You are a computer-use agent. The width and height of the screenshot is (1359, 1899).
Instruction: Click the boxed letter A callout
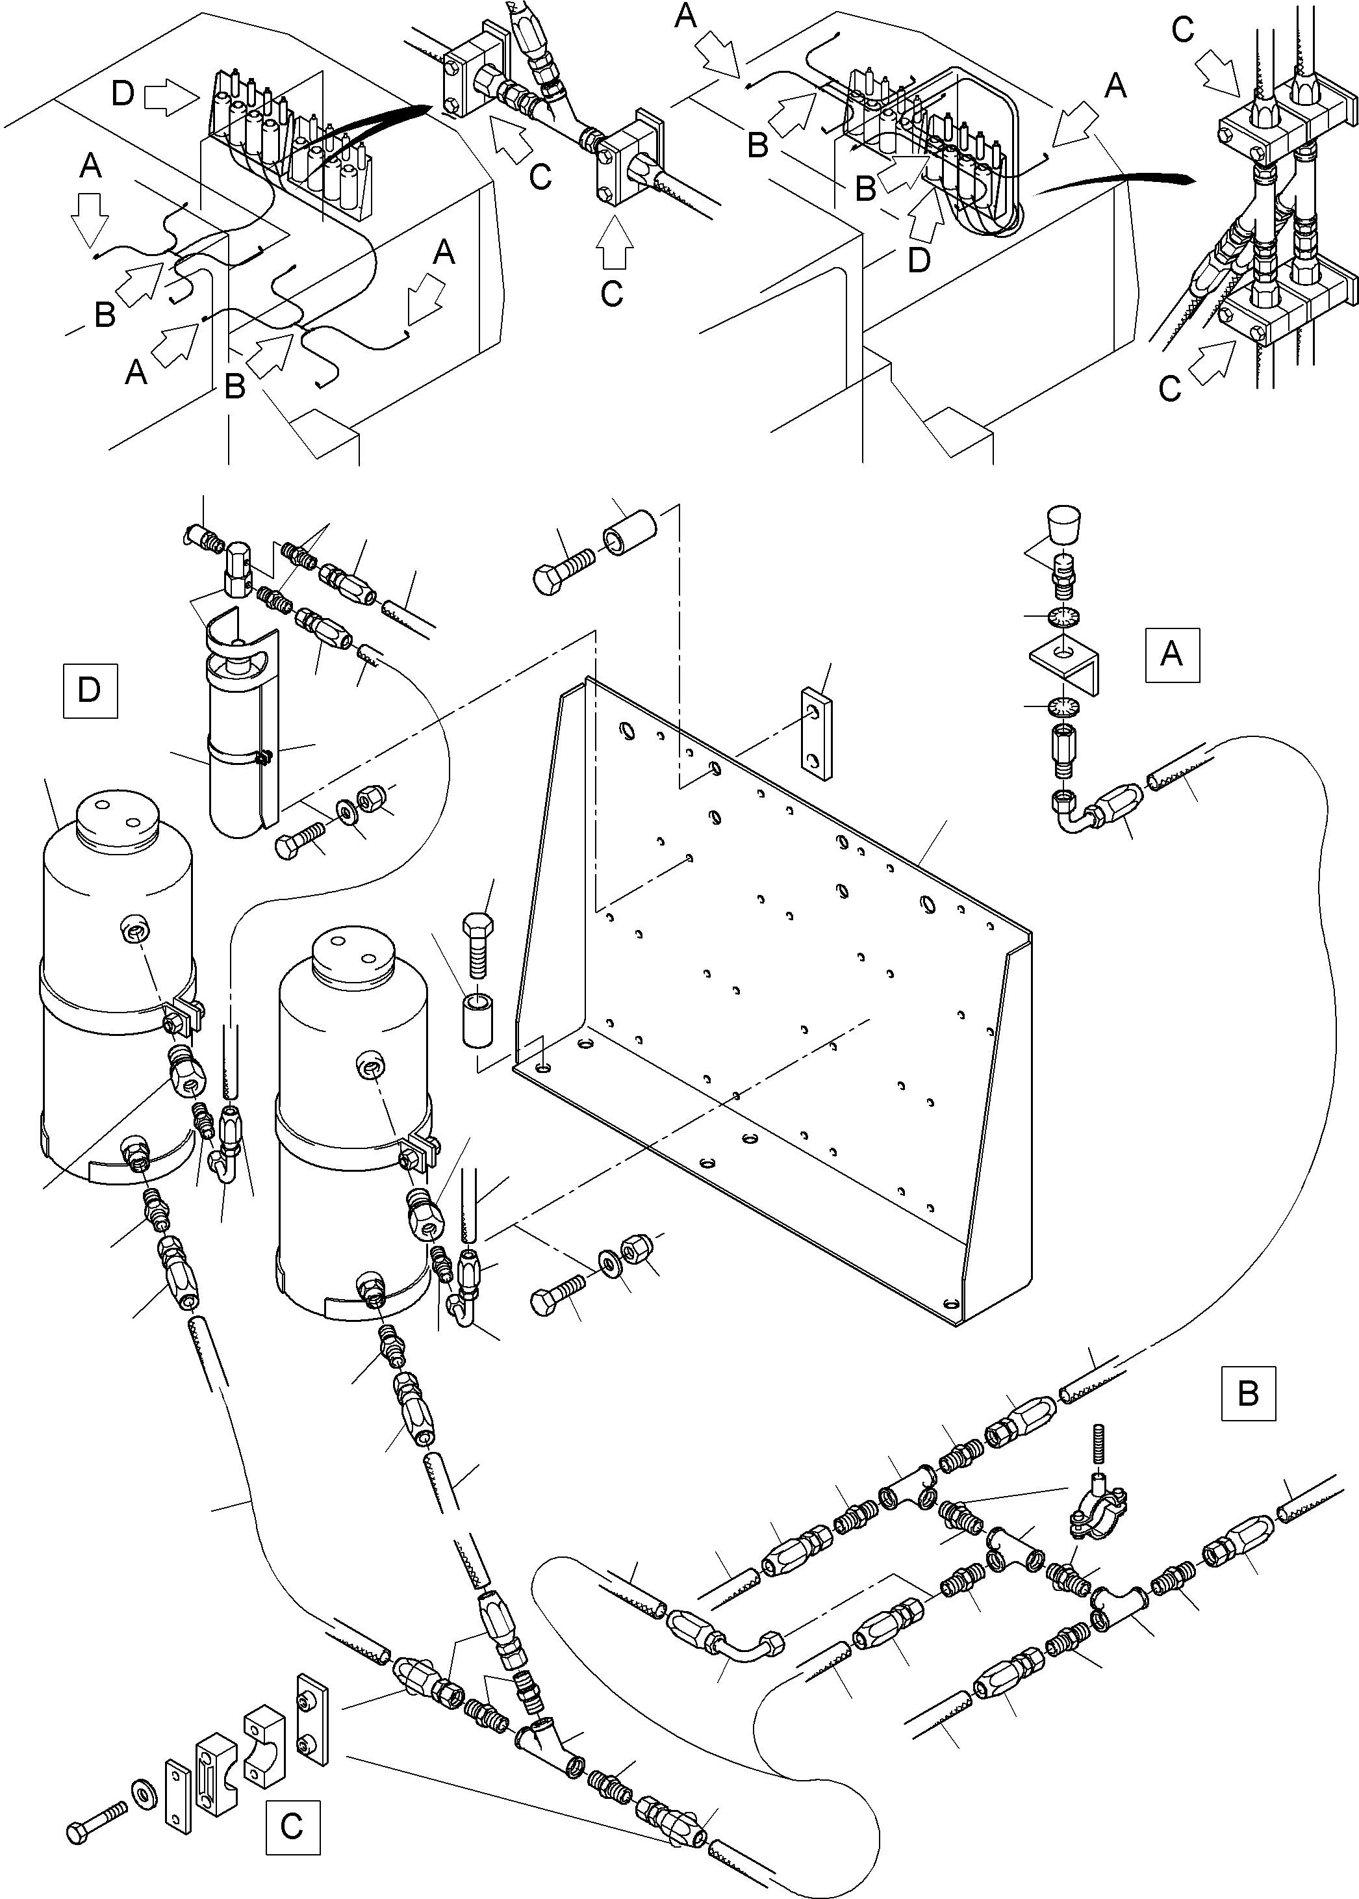point(1171,654)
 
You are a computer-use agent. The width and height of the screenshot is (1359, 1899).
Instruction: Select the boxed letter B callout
point(1248,1393)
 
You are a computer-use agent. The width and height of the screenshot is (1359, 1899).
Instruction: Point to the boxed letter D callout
point(90,690)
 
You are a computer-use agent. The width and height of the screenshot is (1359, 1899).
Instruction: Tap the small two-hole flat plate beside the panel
point(817,734)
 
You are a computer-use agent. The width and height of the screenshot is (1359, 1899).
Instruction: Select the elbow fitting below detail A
point(1072,812)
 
